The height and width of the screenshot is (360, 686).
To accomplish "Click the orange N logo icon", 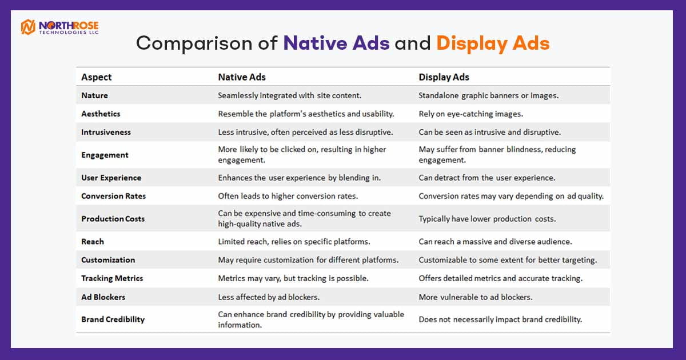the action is pos(28,27).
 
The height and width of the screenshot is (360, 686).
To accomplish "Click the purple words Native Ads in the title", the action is pos(336,43).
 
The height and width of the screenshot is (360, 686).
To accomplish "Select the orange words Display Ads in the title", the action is pos(493,43).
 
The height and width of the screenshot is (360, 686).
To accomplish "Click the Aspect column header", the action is pos(96,77).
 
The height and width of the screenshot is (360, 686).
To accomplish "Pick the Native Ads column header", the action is pos(242,77).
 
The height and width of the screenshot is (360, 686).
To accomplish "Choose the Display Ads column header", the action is pos(444,77).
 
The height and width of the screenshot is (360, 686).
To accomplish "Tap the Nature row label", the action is pos(94,95).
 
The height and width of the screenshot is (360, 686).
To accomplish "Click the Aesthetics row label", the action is pos(101,114).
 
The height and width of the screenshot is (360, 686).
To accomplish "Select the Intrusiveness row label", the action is pos(106,132).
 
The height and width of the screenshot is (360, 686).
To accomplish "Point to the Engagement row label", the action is pos(105,155).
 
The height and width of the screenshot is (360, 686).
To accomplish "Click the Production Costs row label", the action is pos(113,219).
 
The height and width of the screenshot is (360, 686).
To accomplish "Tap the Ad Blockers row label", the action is pos(103,297).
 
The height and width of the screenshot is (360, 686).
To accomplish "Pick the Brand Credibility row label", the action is pos(113,319).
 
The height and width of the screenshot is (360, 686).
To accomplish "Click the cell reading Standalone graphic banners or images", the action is pos(488,96).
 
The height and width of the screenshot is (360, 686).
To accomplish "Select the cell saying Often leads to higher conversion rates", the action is pos(288,196).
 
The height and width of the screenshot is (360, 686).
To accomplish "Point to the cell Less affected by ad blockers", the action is pos(269,297).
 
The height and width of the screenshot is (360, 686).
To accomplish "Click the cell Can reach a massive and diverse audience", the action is pos(495,242).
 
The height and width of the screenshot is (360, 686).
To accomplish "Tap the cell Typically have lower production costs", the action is pos(487,219).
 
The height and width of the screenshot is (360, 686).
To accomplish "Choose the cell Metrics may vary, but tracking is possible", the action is pos(293,279).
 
